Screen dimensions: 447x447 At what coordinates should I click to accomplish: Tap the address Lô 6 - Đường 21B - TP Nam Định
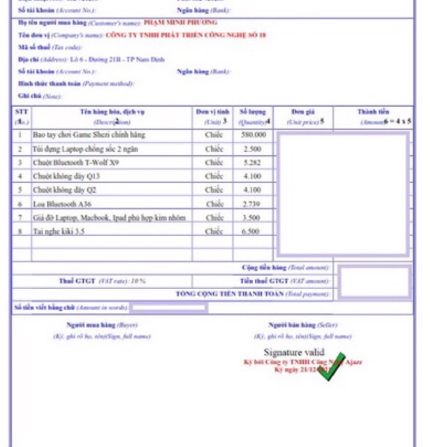(122, 59)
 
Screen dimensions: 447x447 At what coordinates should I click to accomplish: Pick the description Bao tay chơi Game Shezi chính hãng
(89, 134)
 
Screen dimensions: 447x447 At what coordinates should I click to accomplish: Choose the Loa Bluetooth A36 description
(64, 203)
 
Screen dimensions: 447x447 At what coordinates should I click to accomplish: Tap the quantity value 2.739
(252, 203)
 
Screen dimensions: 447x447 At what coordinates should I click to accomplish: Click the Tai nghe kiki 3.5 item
(59, 231)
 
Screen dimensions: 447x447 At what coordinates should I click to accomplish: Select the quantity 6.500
(252, 231)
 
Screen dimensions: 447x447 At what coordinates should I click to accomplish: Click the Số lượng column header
(252, 112)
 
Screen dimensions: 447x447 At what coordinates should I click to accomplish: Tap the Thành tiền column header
(374, 112)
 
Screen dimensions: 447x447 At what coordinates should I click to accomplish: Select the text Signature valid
(293, 352)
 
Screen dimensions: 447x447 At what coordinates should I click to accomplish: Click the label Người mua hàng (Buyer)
(102, 325)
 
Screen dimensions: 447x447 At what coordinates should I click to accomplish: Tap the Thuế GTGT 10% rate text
(102, 281)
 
